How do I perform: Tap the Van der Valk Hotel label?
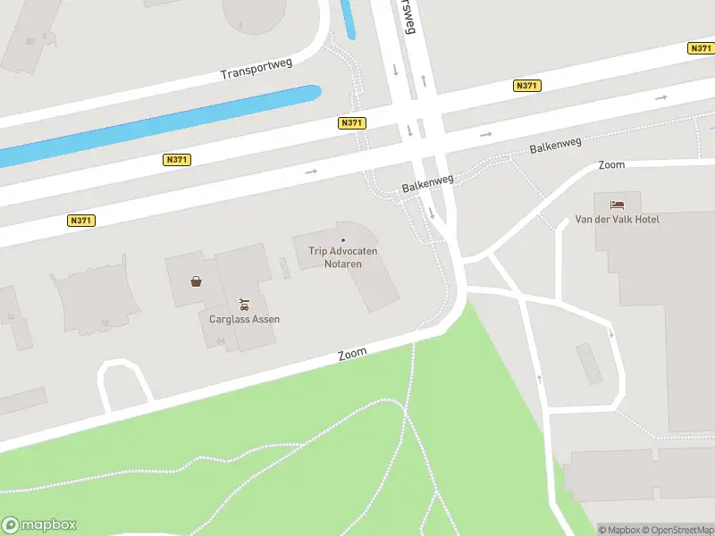click(x=617, y=219)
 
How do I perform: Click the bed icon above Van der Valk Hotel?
click(x=617, y=205)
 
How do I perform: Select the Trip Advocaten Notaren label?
click(x=343, y=257)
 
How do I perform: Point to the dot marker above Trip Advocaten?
click(x=343, y=240)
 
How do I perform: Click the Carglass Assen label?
click(x=239, y=319)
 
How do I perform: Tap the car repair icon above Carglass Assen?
click(x=243, y=304)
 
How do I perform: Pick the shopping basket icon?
click(x=196, y=281)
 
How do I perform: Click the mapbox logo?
click(x=39, y=525)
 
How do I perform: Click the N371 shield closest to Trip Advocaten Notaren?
click(x=350, y=123)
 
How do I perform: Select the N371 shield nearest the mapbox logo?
click(x=80, y=220)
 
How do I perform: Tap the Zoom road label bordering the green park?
click(x=353, y=354)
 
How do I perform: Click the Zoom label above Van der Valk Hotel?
click(x=611, y=165)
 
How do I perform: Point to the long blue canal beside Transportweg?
click(x=161, y=125)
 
